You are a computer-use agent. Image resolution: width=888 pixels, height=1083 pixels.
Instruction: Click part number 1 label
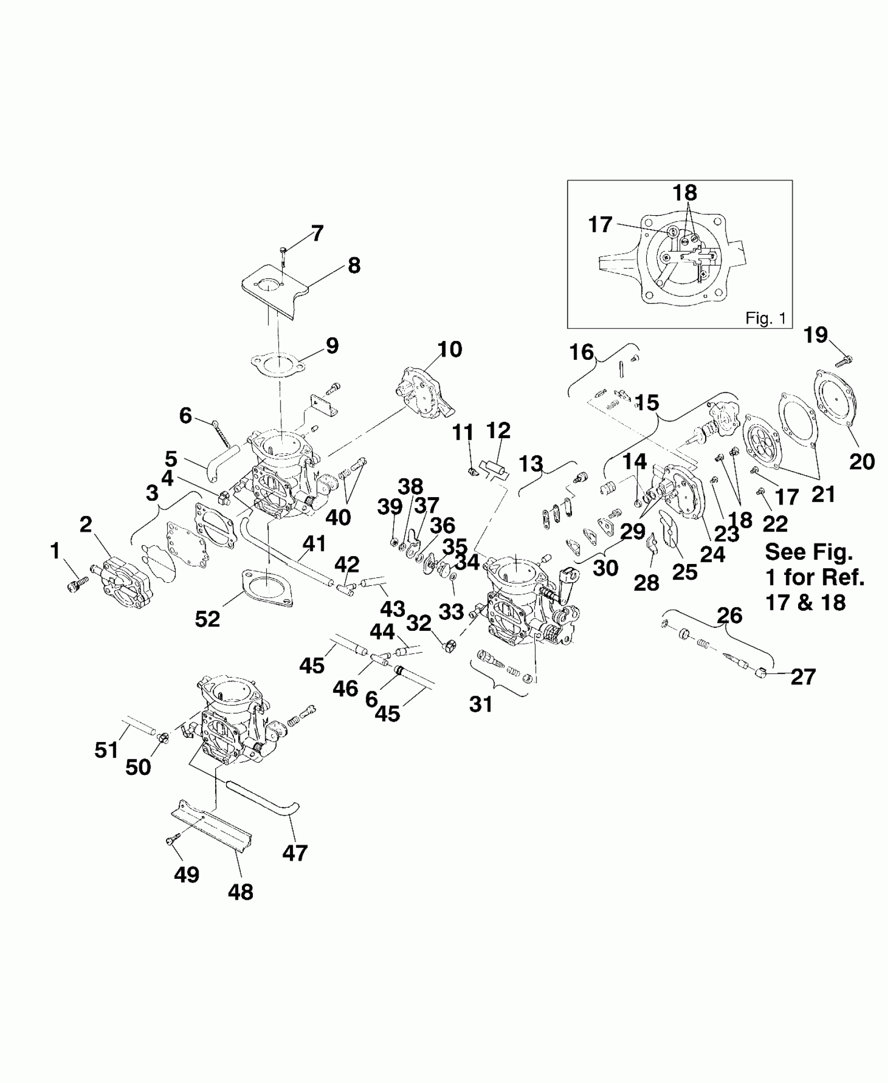pos(55,550)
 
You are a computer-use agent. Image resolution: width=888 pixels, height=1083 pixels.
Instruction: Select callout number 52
pos(207,619)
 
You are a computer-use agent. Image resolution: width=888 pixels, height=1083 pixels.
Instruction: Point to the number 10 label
pos(450,349)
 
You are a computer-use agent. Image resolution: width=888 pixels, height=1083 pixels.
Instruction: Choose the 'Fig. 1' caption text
pos(765,319)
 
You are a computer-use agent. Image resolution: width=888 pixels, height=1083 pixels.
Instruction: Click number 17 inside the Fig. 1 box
pos(600,225)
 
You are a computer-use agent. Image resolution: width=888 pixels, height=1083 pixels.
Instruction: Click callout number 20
pos(862,461)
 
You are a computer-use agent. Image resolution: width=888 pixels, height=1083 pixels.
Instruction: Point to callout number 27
pos(803,677)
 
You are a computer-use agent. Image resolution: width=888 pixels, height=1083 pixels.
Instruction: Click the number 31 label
pos(481,704)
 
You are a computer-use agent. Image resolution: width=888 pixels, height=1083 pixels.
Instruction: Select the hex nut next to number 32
pos(448,646)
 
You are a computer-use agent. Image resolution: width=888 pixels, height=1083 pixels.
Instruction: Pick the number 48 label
pos(240,892)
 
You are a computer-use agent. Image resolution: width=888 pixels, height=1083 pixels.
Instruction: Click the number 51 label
pos(107,750)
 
